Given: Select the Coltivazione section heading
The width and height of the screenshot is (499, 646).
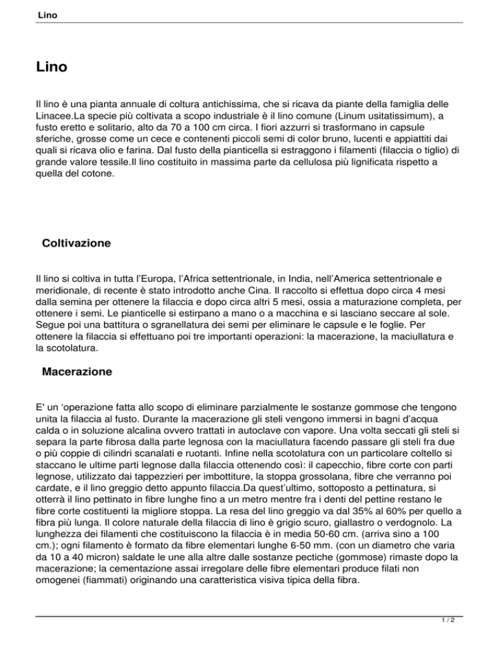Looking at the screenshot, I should click(75, 244).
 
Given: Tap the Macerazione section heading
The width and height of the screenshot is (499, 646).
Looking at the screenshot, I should click(77, 373).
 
